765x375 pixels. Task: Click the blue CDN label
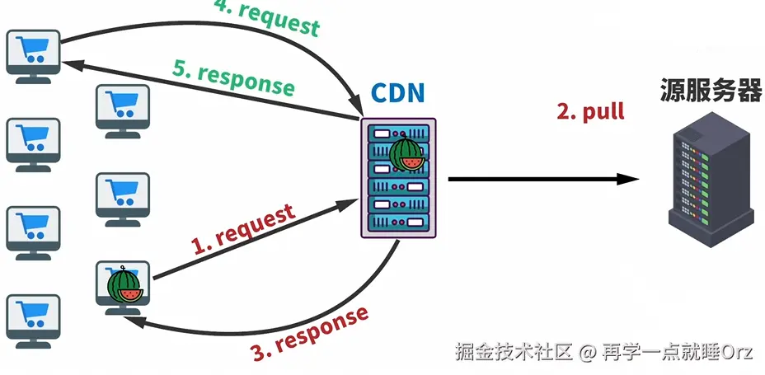coord(397,93)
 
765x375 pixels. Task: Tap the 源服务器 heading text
coord(710,91)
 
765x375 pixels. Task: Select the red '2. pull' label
coord(590,111)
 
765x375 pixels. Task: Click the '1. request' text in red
coord(243,229)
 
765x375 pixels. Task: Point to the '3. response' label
coord(309,335)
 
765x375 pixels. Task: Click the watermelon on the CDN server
coord(406,153)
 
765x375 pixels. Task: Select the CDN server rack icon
coord(397,178)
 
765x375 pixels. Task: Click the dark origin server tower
coord(711,178)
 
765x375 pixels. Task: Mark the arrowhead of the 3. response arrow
coord(132,323)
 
